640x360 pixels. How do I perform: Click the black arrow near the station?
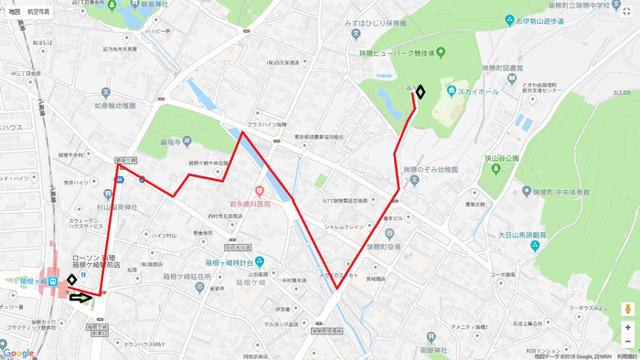(x=80, y=297)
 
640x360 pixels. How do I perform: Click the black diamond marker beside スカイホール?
(x=421, y=91)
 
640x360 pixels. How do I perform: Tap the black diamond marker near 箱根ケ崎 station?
(x=71, y=280)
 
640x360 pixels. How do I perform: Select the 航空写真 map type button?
(x=39, y=10)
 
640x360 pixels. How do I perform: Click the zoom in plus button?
(x=627, y=327)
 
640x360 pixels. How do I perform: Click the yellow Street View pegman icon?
(x=627, y=308)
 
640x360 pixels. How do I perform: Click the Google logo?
(x=18, y=353)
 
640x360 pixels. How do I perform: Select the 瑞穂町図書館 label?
(x=502, y=69)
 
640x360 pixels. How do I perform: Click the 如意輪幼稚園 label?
(x=115, y=106)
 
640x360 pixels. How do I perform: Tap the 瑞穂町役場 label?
(x=383, y=247)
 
